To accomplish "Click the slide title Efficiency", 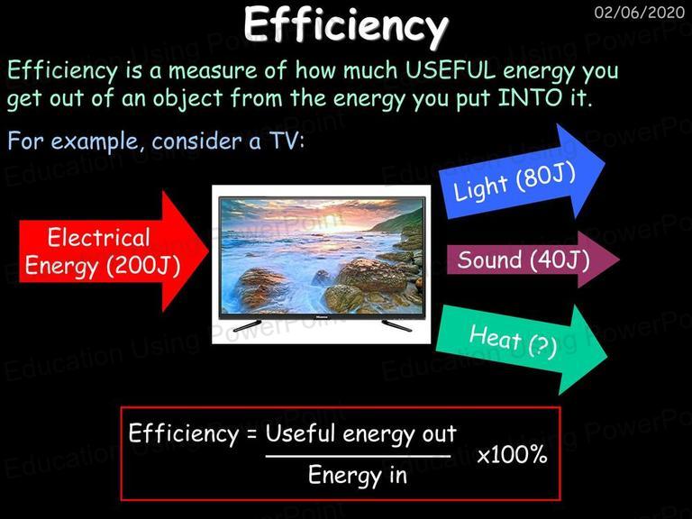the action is (x=346, y=24).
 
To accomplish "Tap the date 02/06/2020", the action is (x=640, y=12).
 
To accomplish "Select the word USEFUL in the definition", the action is (x=451, y=69).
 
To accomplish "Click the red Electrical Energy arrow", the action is (x=114, y=251).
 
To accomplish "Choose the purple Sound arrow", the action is (x=533, y=259).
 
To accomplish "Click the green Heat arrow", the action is (x=521, y=347).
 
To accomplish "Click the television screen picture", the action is (x=322, y=256).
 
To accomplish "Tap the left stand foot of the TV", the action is (x=247, y=326).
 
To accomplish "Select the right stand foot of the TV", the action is (x=396, y=325).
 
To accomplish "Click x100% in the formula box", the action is (x=512, y=454).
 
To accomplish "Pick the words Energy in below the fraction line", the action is (x=358, y=475).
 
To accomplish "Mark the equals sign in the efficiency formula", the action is (x=251, y=433).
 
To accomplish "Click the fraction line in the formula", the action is (x=358, y=456).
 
